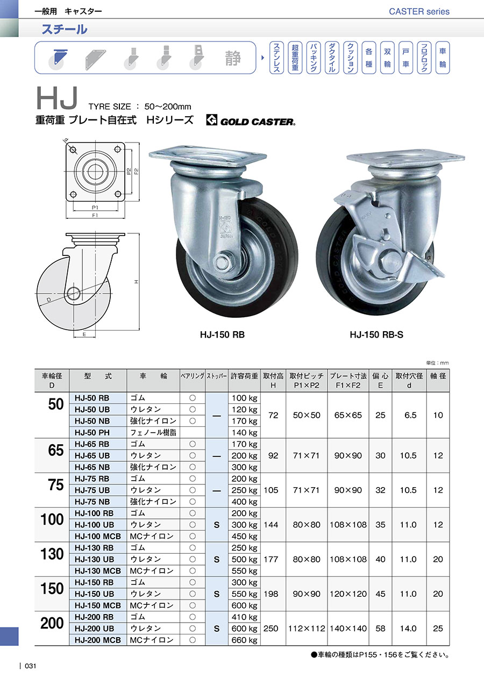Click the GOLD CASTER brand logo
tap(251, 120)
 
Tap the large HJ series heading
tap(57, 98)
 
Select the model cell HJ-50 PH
tap(92, 432)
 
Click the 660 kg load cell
tap(244, 640)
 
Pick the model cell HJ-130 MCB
tap(97, 570)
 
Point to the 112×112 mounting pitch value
tap(307, 629)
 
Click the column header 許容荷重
tap(244, 376)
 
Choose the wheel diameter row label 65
tap(56, 450)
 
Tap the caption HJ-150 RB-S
tap(376, 335)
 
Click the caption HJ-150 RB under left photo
tap(223, 335)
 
